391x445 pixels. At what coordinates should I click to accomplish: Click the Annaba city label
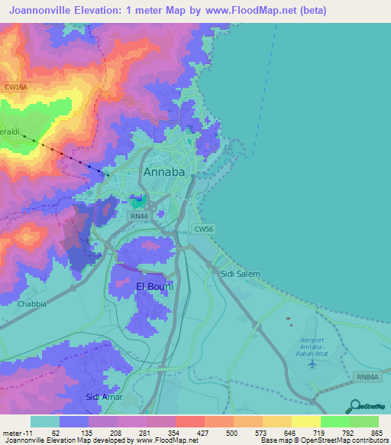tap(164, 172)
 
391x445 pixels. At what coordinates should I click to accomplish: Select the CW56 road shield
tap(202, 228)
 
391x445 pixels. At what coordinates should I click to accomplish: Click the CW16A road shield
tap(15, 88)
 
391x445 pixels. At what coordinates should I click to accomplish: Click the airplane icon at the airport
tap(312, 362)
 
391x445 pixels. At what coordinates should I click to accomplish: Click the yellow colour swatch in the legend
tap(306, 421)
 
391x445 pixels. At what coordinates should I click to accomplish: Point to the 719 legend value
tap(320, 432)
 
